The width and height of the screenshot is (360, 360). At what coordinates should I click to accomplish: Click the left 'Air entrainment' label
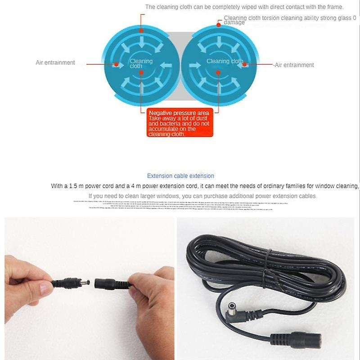click(55, 63)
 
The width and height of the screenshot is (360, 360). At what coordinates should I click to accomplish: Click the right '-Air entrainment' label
click(294, 65)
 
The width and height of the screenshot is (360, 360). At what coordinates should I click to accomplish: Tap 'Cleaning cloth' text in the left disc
click(141, 63)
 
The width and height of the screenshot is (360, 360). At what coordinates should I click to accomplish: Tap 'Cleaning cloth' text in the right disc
click(225, 61)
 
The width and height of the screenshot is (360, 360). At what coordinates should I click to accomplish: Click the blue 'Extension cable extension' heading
click(180, 176)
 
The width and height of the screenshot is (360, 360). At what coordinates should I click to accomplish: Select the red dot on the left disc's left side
click(116, 64)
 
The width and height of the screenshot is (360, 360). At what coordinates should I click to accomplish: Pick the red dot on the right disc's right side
click(245, 64)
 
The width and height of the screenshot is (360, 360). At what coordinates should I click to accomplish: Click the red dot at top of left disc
click(141, 31)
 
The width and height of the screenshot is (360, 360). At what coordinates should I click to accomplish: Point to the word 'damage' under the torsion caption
click(234, 22)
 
